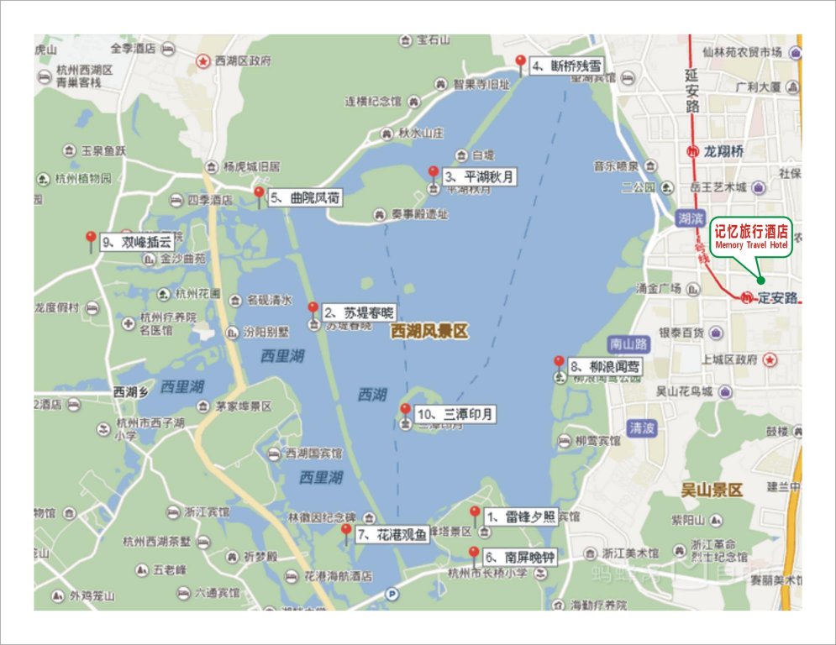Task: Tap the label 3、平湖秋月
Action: point(479,177)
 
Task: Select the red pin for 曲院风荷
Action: point(259,194)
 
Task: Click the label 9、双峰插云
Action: point(137,242)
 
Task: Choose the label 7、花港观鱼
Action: point(392,534)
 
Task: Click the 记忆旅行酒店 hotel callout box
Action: point(751,237)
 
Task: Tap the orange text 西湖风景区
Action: point(429,332)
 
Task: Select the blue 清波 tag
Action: point(642,427)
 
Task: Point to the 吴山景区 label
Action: point(712,490)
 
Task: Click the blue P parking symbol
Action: point(391,595)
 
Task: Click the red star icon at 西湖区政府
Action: point(202,60)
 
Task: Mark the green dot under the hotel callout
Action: point(760,280)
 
